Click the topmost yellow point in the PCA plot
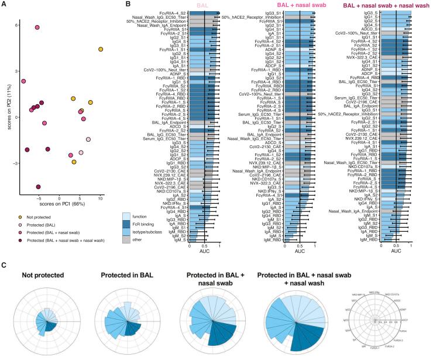coord(101,49)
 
